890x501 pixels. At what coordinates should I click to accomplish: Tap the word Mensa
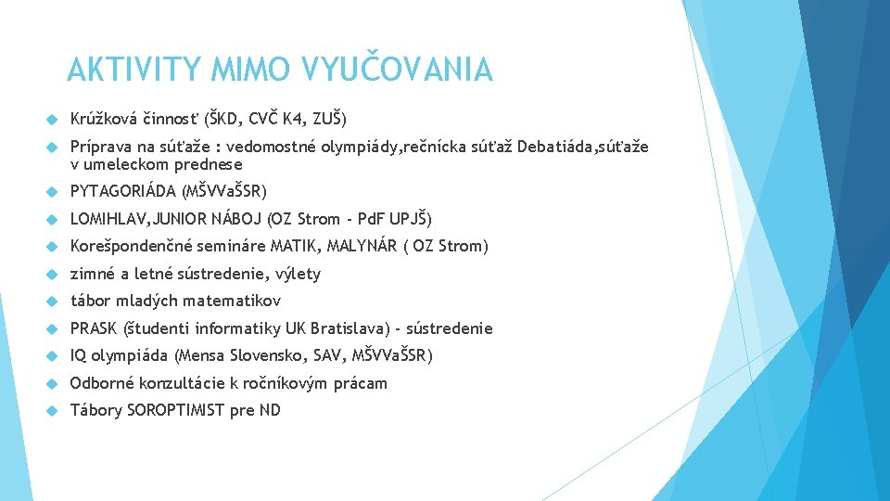201,355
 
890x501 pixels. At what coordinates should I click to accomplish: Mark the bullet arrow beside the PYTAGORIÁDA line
52,192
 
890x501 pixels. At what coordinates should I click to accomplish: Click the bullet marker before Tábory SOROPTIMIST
52,411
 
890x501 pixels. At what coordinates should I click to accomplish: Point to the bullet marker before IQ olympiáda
52,356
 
